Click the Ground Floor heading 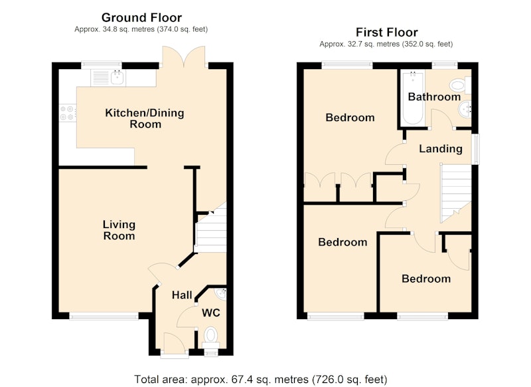(x=141, y=17)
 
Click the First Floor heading (x=387, y=32)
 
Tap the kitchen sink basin (x=118, y=78)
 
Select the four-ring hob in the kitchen (x=67, y=113)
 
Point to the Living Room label (x=119, y=230)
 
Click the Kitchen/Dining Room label (x=145, y=118)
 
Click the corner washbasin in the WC (x=222, y=293)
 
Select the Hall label (x=182, y=295)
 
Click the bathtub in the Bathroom (x=413, y=98)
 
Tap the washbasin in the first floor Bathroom (x=465, y=110)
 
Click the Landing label (x=441, y=148)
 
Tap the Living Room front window (x=104, y=316)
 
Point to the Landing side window (x=475, y=150)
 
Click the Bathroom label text (x=434, y=97)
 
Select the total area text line (x=261, y=379)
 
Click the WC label (x=211, y=313)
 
